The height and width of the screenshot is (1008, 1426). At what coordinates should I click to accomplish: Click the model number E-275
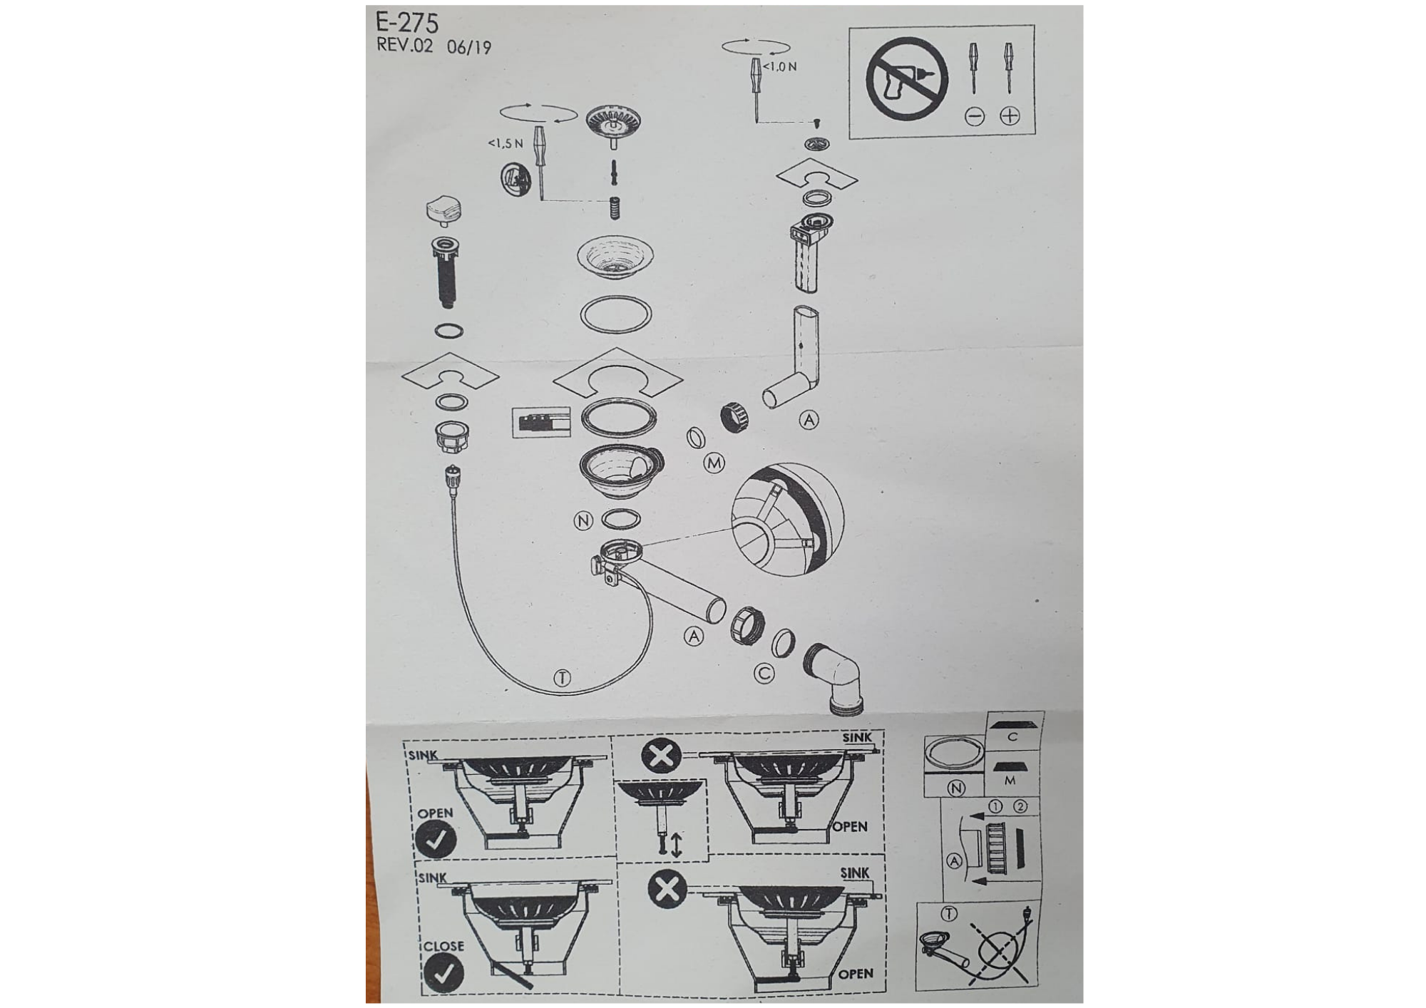[x=406, y=23]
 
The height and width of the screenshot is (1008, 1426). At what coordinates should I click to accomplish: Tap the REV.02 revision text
[x=404, y=45]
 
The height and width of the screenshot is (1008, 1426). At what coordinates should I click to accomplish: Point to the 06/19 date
[x=469, y=47]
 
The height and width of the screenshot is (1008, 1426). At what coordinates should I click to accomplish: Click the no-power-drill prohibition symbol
[x=907, y=78]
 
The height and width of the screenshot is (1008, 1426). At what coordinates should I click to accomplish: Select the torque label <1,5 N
[x=506, y=143]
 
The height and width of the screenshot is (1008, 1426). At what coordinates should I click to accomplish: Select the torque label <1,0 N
[x=780, y=66]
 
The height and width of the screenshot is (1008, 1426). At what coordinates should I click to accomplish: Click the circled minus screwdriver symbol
[x=975, y=115]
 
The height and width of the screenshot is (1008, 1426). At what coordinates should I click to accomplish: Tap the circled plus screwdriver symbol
[x=1010, y=115]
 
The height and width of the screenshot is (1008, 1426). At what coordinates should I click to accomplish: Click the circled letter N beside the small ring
[x=583, y=520]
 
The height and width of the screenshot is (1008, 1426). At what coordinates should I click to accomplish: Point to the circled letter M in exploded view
[x=714, y=463]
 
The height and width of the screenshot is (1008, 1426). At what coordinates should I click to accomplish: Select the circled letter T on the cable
[x=562, y=678]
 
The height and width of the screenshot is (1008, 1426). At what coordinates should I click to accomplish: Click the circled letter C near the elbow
[x=764, y=673]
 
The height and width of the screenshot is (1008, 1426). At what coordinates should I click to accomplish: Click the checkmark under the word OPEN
[x=436, y=839]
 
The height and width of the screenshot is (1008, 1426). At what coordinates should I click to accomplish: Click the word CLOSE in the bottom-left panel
[x=443, y=946]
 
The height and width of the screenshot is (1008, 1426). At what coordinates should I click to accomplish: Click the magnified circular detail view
[x=787, y=519]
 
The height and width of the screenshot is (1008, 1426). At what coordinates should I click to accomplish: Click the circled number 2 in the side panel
[x=1020, y=806]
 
